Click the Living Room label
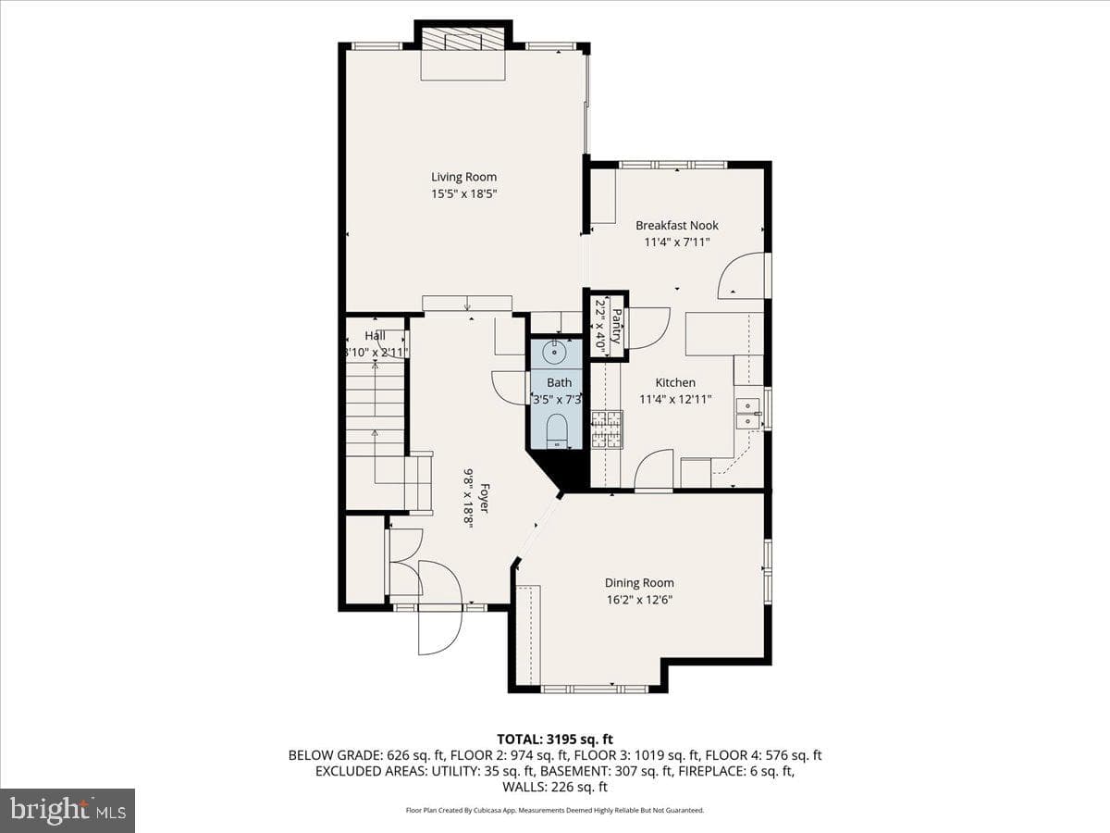463,177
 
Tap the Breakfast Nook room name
676,226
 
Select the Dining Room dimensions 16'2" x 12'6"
639,600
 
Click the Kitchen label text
675,383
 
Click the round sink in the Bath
555,352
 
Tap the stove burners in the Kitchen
607,429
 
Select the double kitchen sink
748,413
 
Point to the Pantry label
616,327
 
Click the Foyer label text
485,498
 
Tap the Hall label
375,336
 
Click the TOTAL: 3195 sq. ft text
555,740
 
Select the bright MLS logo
68,811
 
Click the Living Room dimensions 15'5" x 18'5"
463,193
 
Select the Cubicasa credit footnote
555,810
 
